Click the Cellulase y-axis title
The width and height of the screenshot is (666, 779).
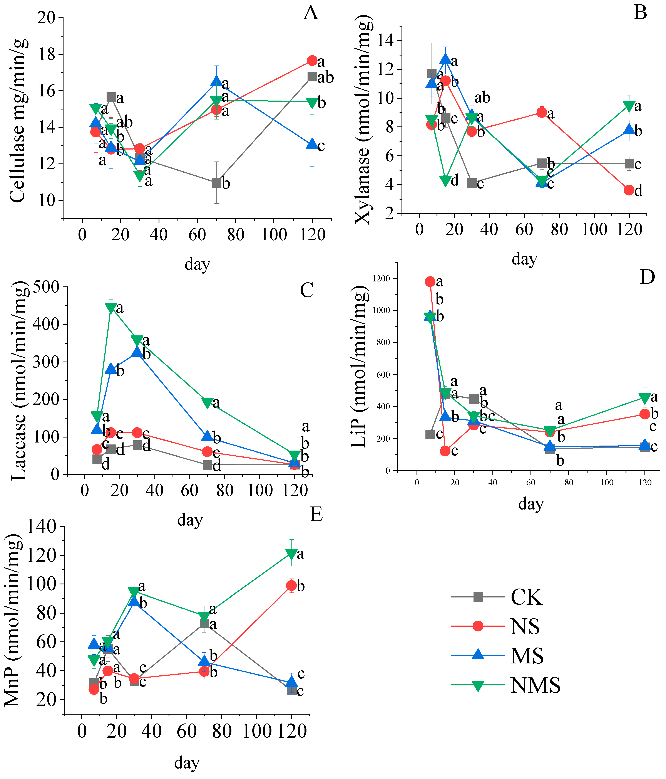pyautogui.click(x=18, y=120)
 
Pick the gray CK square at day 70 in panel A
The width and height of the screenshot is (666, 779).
pyautogui.click(x=216, y=183)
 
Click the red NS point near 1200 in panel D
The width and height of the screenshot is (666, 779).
pyautogui.click(x=430, y=282)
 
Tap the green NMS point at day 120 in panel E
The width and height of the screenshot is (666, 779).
pyautogui.click(x=291, y=554)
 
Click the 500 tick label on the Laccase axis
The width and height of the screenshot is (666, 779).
pyautogui.click(x=46, y=288)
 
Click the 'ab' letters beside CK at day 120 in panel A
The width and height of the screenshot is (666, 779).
pyautogui.click(x=326, y=78)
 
